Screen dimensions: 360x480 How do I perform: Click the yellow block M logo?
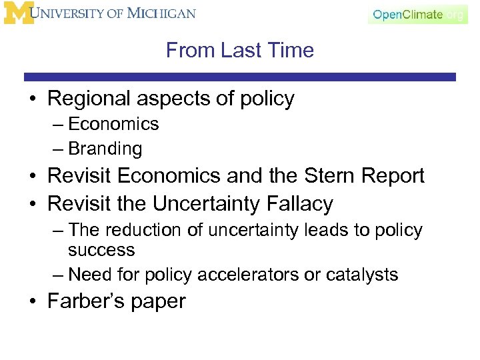pyautogui.click(x=18, y=14)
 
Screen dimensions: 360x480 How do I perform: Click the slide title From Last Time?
pyautogui.click(x=240, y=50)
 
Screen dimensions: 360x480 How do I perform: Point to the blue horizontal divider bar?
pyautogui.click(x=240, y=77)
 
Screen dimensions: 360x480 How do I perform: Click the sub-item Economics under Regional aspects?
pyautogui.click(x=113, y=124)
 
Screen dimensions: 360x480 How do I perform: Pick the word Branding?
pyautogui.click(x=105, y=149)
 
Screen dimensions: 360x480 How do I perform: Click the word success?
pyautogui.click(x=101, y=251)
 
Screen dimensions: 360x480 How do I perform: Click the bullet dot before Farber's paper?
pyautogui.click(x=33, y=302)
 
